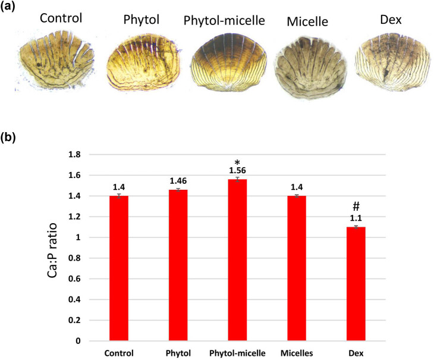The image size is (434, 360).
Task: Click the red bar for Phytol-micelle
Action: pos(237,260)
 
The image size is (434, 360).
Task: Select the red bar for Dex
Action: pos(356,284)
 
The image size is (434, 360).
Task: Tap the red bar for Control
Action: pos(119,268)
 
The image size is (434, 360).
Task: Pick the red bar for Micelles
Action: pos(297,268)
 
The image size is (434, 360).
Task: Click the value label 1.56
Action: pos(237,170)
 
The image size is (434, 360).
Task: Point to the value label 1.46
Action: pos(178,181)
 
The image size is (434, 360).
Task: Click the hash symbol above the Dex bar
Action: pos(356,206)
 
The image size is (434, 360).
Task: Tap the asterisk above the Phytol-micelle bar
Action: pos(237,162)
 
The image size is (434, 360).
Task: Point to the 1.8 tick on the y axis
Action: pos(74,155)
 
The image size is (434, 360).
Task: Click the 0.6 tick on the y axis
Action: pos(74,279)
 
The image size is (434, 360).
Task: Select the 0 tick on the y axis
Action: pos(78,341)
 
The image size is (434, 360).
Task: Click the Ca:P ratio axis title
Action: pos(52,251)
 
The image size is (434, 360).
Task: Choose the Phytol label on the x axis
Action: pos(178,353)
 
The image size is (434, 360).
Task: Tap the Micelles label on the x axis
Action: pos(297,353)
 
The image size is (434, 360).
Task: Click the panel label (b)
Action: pos(8,137)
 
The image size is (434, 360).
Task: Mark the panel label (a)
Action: pos(8,6)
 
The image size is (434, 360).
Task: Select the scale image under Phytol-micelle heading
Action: pos(229,62)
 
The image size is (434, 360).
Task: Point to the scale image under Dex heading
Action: pos(392,62)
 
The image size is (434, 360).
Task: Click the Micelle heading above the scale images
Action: pos(307,22)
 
